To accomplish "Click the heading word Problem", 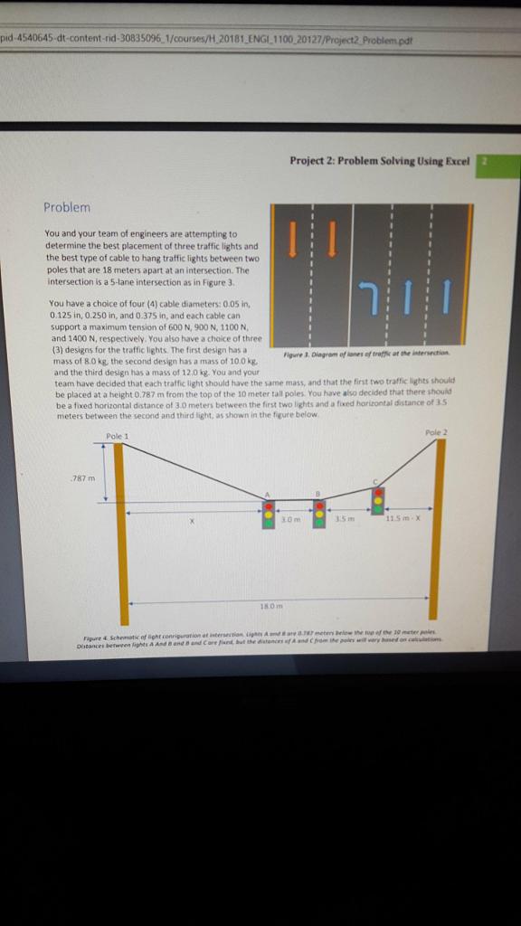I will coord(67,207).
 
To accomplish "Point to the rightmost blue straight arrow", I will coord(446,295).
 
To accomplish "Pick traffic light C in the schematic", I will coord(379,499).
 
